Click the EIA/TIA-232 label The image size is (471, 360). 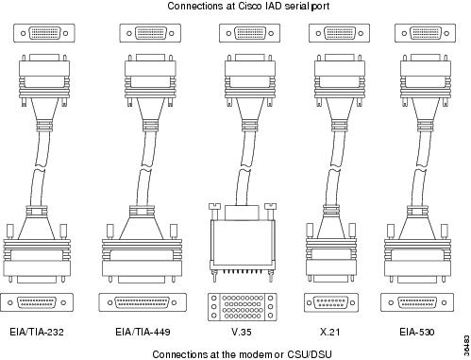click(x=37, y=332)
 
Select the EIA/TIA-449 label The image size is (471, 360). click(x=143, y=332)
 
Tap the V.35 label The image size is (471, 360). click(x=242, y=332)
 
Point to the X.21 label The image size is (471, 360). click(x=329, y=332)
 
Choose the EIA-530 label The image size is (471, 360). click(x=417, y=332)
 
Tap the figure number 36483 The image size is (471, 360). click(x=466, y=344)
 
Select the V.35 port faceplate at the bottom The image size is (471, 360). click(x=243, y=307)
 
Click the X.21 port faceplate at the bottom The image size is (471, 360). click(x=331, y=302)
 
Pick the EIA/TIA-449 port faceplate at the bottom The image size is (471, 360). click(x=143, y=302)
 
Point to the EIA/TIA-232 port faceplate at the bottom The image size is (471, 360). click(x=37, y=302)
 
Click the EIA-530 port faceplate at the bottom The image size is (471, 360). click(x=417, y=302)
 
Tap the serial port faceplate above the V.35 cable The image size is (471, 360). click(x=250, y=33)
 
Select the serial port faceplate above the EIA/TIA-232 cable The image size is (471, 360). click(x=44, y=33)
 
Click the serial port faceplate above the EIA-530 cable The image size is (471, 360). click(x=425, y=33)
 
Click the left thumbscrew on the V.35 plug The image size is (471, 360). click(x=214, y=211)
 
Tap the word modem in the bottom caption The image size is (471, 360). click(x=256, y=354)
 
